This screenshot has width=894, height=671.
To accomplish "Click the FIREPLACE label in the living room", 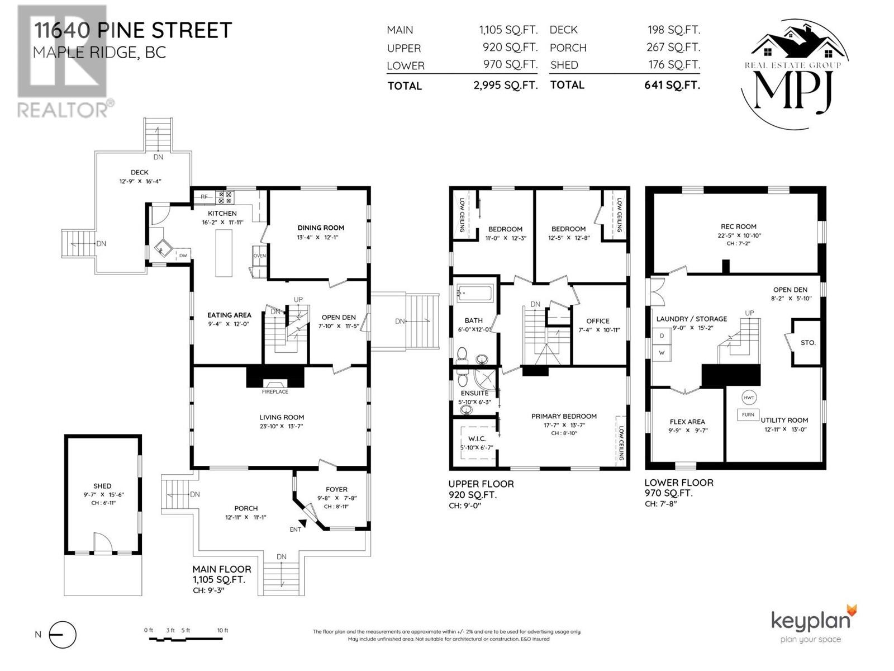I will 275,391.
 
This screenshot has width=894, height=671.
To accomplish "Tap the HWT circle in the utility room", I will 749,398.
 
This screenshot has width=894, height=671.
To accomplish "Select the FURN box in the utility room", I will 748,415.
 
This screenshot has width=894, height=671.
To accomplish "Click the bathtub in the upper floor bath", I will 474,294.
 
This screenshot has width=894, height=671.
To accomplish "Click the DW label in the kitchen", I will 183,256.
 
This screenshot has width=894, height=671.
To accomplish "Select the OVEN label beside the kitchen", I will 260,256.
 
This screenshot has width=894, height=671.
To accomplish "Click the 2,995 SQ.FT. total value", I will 509,86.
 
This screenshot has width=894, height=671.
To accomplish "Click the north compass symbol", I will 63,635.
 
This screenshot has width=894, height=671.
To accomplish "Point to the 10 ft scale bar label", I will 222,630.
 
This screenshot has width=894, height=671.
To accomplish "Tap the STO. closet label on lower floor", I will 808,342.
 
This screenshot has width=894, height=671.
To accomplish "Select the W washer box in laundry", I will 662,353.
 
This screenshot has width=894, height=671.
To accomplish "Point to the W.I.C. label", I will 477,438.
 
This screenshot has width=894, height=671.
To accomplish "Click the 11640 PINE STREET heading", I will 132,30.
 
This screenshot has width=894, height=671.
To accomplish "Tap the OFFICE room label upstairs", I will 597,321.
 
